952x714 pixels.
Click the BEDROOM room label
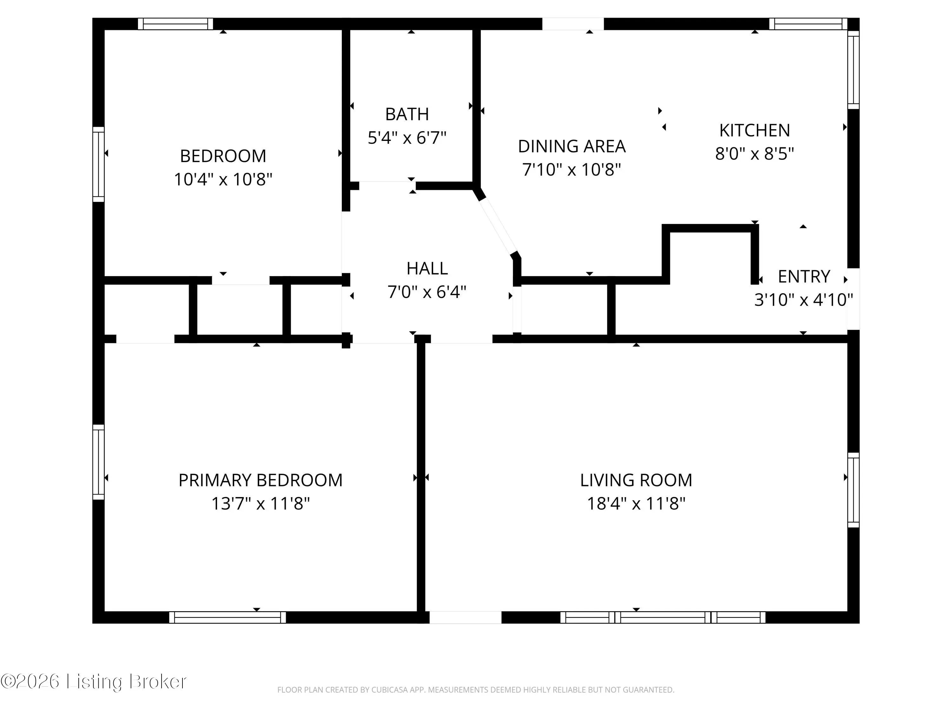[223, 156]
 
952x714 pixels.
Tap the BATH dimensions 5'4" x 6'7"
[407, 138]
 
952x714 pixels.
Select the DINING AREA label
[572, 146]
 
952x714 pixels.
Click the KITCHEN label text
[754, 130]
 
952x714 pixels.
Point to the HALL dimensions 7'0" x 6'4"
[427, 292]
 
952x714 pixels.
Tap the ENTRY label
[804, 276]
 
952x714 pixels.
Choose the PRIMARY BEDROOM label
[261, 480]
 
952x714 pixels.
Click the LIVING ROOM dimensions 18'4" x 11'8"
[636, 503]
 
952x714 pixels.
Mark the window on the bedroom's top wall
[175, 24]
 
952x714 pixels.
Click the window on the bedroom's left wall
[99, 164]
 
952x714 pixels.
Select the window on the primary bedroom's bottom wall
[227, 618]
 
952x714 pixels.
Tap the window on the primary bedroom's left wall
[99, 462]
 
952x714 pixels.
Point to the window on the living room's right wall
[853, 490]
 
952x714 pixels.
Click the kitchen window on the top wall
[808, 24]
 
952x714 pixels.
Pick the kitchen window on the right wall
[853, 70]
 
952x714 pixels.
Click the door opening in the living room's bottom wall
[465, 618]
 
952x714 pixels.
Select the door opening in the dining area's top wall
[573, 24]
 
